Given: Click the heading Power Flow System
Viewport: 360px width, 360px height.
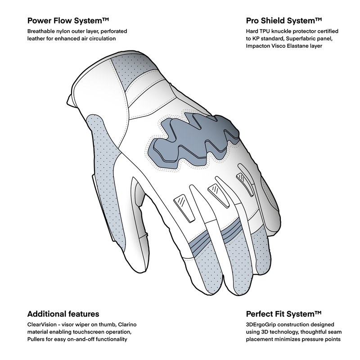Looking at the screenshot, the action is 68,21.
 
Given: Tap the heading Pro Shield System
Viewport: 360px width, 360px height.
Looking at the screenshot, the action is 284,21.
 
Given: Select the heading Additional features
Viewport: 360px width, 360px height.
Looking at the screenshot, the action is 63,314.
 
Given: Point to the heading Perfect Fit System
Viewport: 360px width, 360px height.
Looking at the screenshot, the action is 283,314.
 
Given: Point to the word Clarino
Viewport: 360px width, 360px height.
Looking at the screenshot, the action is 127,324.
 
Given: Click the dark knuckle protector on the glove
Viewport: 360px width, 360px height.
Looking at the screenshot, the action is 193,139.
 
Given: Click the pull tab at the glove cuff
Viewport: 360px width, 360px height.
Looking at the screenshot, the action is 70,100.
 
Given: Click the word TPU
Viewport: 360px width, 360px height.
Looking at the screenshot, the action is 265,31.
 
